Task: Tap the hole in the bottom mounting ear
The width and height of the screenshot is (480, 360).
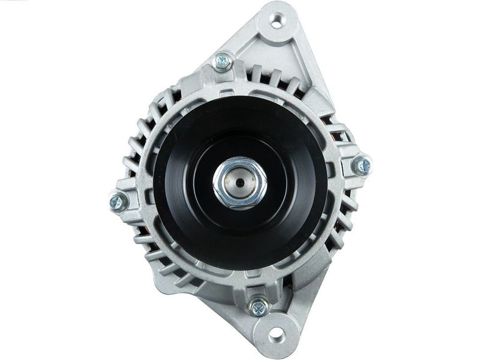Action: point(275,333)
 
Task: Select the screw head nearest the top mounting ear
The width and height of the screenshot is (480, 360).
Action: point(223,60)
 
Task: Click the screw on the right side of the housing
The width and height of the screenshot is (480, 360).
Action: point(362,164)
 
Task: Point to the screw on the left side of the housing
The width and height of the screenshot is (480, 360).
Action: point(118,202)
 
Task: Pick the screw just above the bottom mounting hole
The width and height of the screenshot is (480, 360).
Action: point(259,307)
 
